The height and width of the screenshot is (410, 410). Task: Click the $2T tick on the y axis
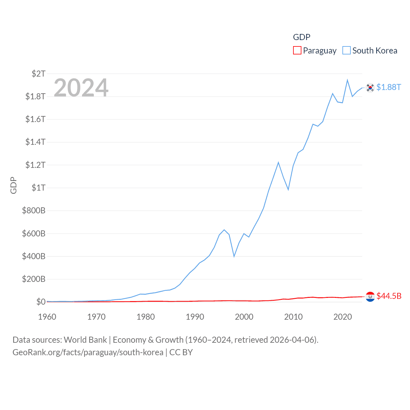pyautogui.click(x=38, y=74)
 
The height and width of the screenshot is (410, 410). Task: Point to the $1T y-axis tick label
pyautogui.click(x=38, y=188)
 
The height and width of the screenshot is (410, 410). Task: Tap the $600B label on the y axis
pyautogui.click(x=34, y=234)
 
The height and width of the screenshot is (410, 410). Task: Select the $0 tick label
pyautogui.click(x=41, y=302)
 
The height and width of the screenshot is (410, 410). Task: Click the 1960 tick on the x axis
pyautogui.click(x=47, y=317)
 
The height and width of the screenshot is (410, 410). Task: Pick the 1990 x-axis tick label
pyautogui.click(x=195, y=317)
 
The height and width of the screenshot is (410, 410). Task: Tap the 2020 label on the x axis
pyautogui.click(x=342, y=317)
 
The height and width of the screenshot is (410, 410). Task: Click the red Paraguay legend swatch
pyautogui.click(x=297, y=51)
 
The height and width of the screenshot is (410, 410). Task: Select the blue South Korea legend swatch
pyautogui.click(x=347, y=51)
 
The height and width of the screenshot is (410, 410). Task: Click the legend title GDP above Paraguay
pyautogui.click(x=302, y=37)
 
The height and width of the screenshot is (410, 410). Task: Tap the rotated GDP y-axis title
pyautogui.click(x=13, y=185)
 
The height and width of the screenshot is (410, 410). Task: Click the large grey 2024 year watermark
pyautogui.click(x=81, y=88)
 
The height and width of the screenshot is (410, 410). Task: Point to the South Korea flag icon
pyautogui.click(x=370, y=87)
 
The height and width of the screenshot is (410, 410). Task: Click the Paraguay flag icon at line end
pyautogui.click(x=370, y=297)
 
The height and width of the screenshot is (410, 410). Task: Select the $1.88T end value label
pyautogui.click(x=389, y=87)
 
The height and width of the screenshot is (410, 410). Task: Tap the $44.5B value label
pyautogui.click(x=389, y=296)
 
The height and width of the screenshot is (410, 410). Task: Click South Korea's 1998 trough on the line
pyautogui.click(x=234, y=256)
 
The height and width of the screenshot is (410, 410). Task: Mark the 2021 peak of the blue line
pyautogui.click(x=347, y=80)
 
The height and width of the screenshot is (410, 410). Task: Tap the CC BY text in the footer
pyautogui.click(x=181, y=352)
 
